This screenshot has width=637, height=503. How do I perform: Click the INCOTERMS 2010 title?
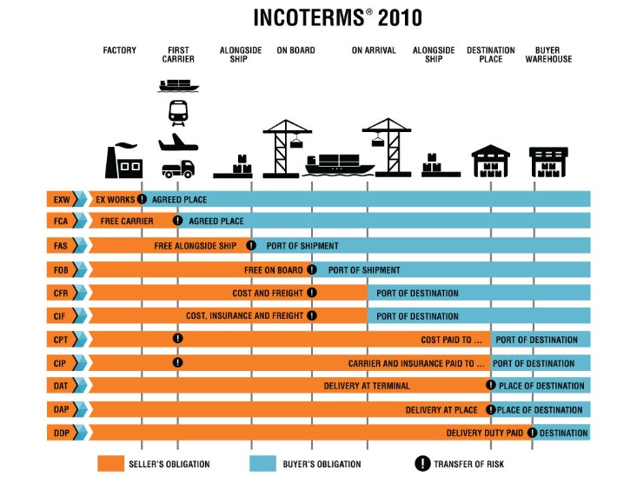click(337, 17)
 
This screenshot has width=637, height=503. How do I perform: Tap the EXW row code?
click(61, 199)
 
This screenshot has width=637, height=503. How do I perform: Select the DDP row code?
click(61, 433)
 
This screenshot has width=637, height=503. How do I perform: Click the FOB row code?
click(61, 269)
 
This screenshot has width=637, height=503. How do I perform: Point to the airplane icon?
click(178, 142)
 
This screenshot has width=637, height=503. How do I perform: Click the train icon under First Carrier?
click(178, 112)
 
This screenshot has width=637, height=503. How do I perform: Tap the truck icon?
click(178, 169)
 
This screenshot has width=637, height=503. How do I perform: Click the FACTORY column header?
click(120, 50)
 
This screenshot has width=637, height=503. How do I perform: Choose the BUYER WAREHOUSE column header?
click(548, 55)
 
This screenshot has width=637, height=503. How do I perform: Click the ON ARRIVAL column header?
click(374, 50)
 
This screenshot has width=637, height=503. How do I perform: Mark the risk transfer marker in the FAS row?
click(251, 246)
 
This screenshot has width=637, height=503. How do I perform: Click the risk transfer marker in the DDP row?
click(532, 433)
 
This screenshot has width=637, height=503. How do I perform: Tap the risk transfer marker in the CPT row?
click(177, 339)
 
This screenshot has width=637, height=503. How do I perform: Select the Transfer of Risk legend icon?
click(422, 464)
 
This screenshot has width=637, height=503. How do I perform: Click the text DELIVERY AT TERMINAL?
click(367, 386)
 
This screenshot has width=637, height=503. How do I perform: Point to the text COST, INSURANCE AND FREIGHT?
click(244, 316)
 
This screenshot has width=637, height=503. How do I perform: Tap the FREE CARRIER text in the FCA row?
click(127, 222)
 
